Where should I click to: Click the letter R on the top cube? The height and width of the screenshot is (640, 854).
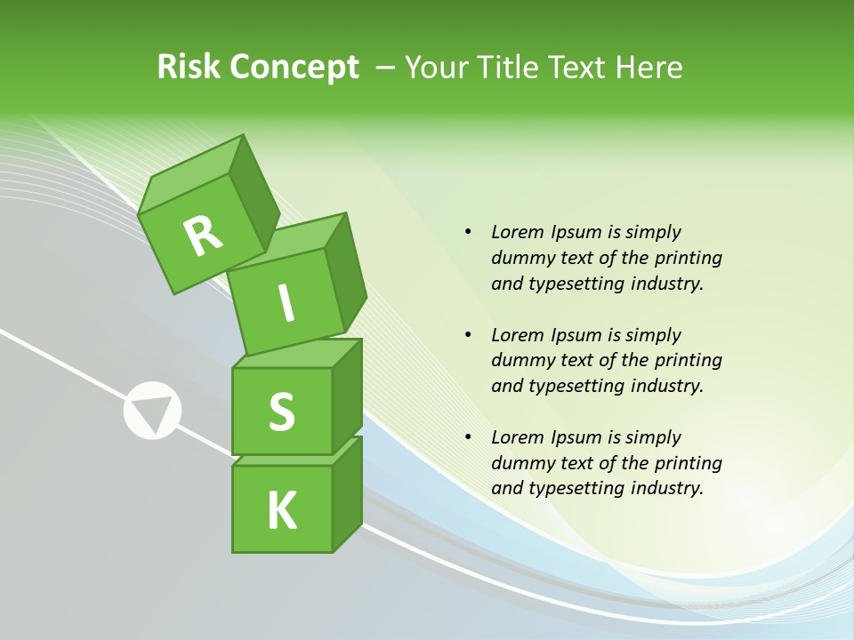[204, 235]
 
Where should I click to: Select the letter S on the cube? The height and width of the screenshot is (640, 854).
[281, 412]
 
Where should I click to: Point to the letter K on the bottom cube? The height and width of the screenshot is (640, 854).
[282, 510]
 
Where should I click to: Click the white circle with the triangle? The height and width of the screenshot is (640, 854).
[152, 411]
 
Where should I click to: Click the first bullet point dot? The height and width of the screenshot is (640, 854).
[468, 233]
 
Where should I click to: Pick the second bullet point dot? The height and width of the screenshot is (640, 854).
[468, 335]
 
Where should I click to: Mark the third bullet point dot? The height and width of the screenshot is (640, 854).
[468, 437]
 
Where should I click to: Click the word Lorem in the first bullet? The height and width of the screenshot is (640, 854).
[517, 232]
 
